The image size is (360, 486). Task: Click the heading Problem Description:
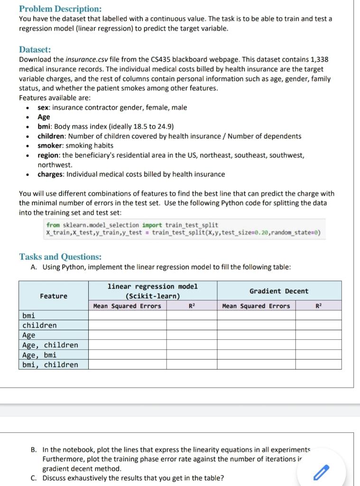click(x=60, y=9)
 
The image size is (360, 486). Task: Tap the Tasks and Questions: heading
click(x=60, y=257)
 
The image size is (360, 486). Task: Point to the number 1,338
click(x=317, y=60)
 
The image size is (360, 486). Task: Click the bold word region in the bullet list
click(x=48, y=155)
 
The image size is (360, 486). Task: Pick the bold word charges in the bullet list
click(x=51, y=174)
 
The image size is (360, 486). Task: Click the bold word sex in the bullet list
click(x=44, y=107)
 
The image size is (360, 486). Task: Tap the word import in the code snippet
click(x=152, y=225)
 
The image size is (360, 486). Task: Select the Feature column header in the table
click(x=54, y=296)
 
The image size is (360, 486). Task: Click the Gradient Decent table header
click(x=279, y=291)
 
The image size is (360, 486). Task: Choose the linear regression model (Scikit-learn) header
click(x=153, y=291)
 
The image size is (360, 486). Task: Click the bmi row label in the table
click(x=28, y=315)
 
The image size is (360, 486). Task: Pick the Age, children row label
click(x=50, y=345)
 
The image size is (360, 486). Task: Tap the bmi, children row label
click(x=50, y=364)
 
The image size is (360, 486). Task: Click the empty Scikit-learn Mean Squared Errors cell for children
click(x=127, y=325)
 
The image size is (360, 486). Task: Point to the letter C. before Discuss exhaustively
click(x=34, y=478)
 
